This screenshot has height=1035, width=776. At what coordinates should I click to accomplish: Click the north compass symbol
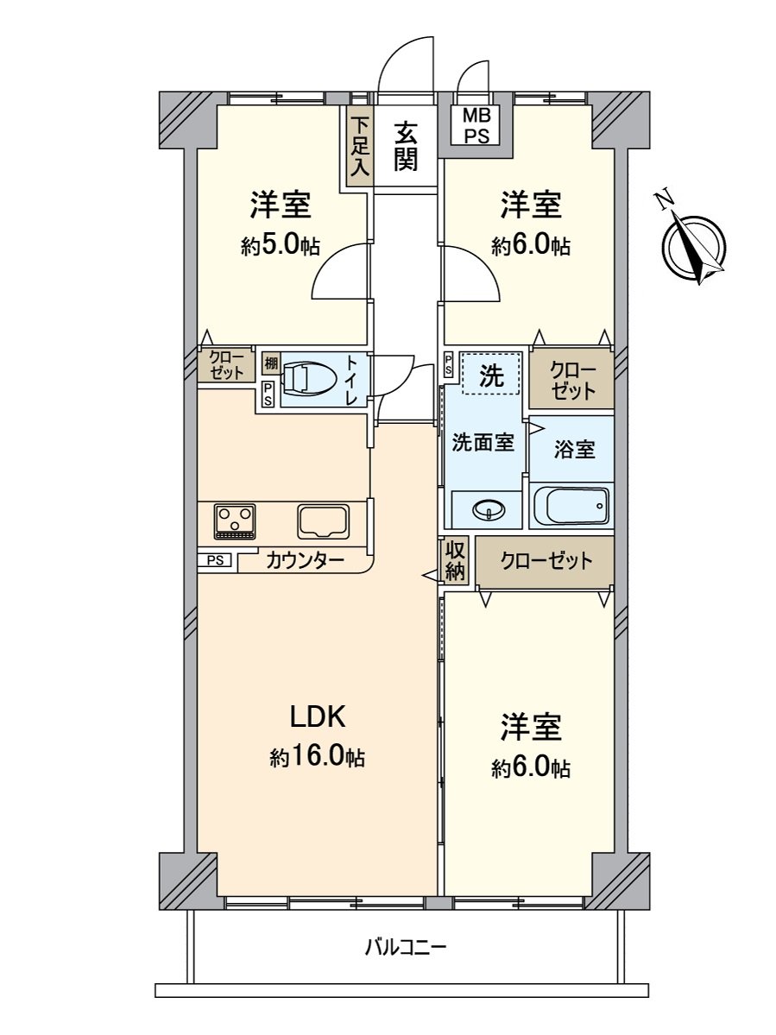695,245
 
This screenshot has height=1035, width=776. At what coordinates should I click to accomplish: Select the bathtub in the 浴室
571,506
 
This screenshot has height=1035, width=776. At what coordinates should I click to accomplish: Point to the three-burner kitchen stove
234,521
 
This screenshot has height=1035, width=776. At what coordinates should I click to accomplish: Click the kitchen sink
324,521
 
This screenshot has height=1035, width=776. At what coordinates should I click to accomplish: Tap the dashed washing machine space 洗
491,374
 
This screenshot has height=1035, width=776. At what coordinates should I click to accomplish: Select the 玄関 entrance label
407,146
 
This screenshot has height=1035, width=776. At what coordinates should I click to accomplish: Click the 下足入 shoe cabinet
359,146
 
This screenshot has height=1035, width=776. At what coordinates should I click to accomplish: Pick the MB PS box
476,126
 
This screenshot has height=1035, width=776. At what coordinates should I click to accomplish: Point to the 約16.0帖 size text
317,758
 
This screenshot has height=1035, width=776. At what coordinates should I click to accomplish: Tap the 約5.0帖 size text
281,246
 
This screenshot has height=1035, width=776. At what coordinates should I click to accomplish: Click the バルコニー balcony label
405,948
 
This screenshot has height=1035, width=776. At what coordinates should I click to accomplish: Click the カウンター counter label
305,561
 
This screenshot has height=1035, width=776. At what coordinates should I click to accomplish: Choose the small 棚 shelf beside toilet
271,363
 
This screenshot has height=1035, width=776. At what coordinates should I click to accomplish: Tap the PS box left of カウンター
216,560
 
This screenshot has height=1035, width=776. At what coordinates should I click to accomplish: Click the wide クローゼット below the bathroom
546,561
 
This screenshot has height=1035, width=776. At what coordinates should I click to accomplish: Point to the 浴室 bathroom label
574,449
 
